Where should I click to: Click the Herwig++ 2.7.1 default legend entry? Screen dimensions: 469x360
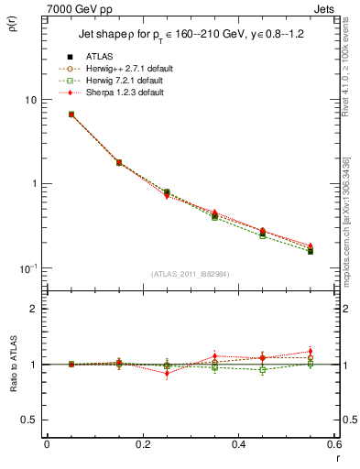[x=124, y=69]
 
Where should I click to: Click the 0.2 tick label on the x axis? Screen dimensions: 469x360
[x=142, y=444]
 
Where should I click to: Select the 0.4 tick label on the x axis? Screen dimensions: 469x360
[x=238, y=444]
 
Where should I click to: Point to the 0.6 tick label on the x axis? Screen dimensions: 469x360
[x=333, y=444]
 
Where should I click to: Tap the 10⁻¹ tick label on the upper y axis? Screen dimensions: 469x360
[x=28, y=267]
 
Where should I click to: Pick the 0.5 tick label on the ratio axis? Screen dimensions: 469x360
[x=29, y=420]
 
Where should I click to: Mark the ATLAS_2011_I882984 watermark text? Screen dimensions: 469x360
[x=189, y=274]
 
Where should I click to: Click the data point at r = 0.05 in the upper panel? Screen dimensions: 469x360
[x=71, y=115]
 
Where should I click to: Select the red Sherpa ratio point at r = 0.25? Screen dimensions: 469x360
[x=167, y=374]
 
